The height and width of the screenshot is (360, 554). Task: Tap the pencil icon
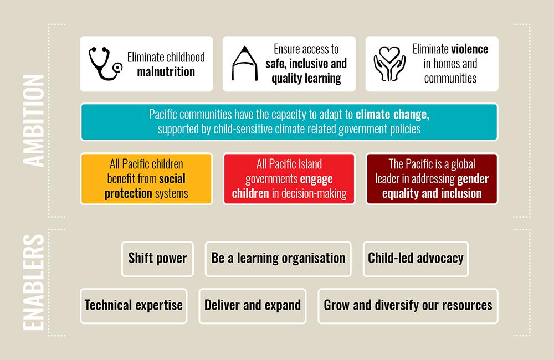coord(244,64)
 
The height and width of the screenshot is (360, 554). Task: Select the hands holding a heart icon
coord(389,64)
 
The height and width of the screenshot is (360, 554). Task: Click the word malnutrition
coord(166,72)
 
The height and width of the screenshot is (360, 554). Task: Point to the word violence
coord(470,49)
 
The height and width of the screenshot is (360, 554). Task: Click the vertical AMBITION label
coord(34,121)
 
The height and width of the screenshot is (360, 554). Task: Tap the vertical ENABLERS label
coord(34,282)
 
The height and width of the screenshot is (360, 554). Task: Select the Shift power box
coord(157,259)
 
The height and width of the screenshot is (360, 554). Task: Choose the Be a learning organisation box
coord(278,259)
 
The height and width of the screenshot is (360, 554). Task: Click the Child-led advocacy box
coord(416,259)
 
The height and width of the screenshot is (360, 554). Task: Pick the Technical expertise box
coord(134,306)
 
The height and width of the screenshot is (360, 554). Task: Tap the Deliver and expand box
coord(252,306)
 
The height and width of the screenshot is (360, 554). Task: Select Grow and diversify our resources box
coord(408,306)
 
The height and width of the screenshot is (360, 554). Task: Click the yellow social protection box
coord(146,179)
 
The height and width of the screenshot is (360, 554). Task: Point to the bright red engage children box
coord(289,179)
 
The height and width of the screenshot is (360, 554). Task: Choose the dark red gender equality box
coord(432,179)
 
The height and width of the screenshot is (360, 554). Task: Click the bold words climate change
coord(393,115)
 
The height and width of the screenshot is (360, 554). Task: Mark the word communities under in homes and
coord(450,79)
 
